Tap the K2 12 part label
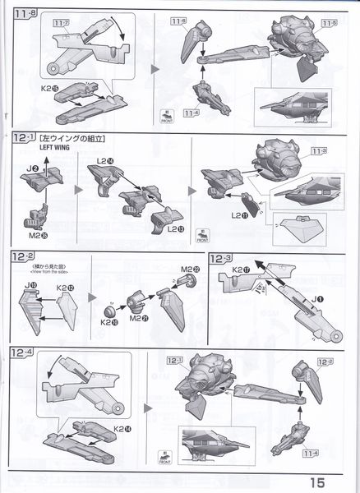click(66, 288)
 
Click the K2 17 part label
click(241, 270)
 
